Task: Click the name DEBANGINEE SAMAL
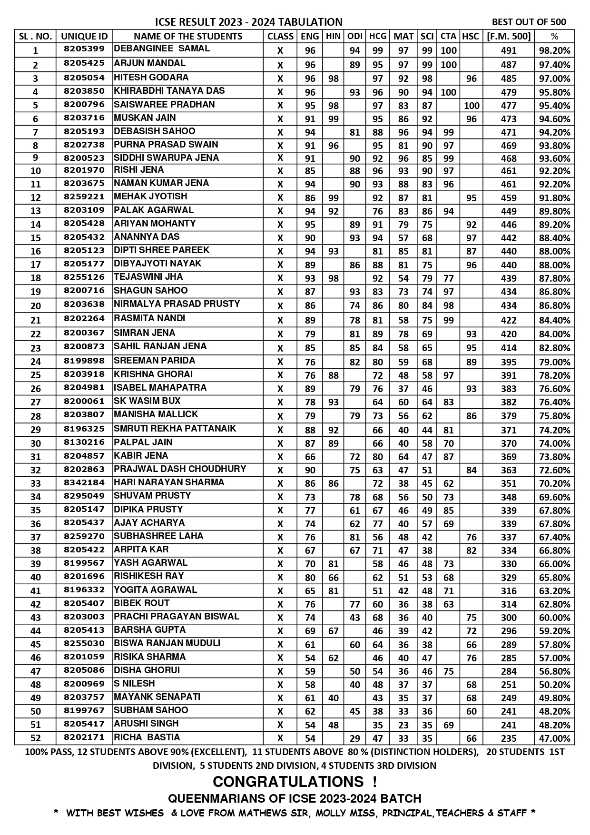pos(162,49)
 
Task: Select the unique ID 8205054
pos(84,77)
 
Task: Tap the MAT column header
pos(403,36)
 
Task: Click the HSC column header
pos(471,36)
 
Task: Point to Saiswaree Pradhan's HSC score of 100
pos(471,106)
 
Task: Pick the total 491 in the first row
pos(509,50)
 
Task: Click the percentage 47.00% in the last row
pos(554,738)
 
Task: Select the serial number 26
pos(36,389)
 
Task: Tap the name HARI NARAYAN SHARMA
pos(169,482)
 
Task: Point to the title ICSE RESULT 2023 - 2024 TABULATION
pos(249,22)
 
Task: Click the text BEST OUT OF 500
pos(529,22)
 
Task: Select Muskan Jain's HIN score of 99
pos(333,119)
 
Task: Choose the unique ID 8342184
pos(84,482)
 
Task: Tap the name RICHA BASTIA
pos(147,737)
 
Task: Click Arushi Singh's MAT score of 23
pos(403,725)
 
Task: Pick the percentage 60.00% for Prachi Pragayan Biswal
pos(554,618)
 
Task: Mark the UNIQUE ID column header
pos(84,36)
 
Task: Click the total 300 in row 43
pos(509,618)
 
